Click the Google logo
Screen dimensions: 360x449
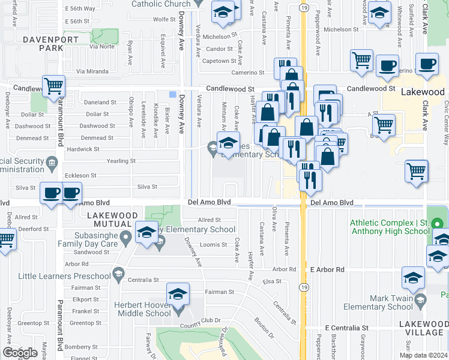[x=19, y=353]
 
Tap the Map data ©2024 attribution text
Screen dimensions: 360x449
[x=423, y=355]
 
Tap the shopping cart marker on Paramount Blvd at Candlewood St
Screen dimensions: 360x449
[x=53, y=86]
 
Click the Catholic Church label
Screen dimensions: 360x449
[x=161, y=4]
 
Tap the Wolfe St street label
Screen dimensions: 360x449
[x=164, y=19]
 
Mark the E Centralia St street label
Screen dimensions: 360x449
[x=346, y=328]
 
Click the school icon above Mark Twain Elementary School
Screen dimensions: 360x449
[x=413, y=278]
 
